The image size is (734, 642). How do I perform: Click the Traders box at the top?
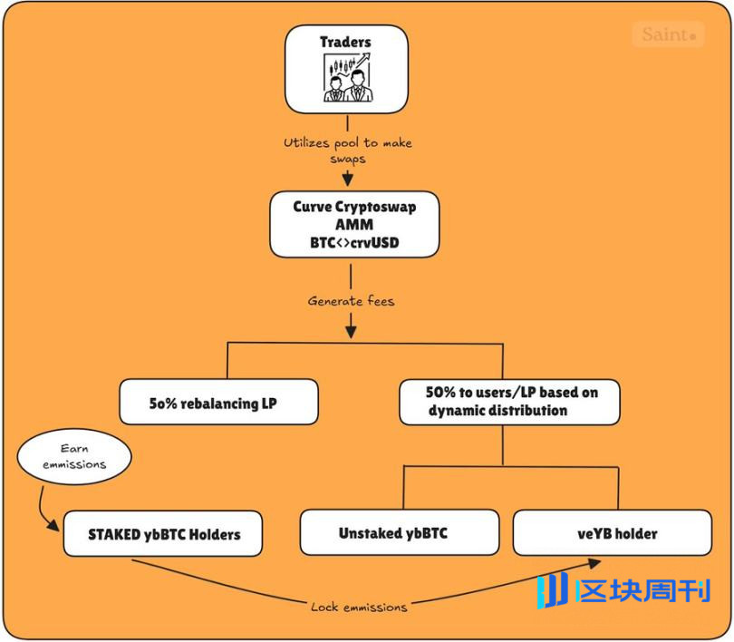346,68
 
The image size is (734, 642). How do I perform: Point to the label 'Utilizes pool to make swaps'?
348,150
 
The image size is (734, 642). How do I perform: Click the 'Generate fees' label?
351,300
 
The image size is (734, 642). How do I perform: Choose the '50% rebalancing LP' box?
218,403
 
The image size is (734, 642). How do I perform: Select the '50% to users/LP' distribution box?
509,402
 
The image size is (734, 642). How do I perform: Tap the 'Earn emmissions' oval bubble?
74,457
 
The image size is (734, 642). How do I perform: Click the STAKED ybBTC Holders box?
163,534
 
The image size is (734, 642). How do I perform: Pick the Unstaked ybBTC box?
399,532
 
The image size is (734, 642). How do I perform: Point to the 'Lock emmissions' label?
359,607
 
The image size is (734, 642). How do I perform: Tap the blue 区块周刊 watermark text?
643,592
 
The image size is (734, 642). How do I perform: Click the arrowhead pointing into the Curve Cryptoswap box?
348,179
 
